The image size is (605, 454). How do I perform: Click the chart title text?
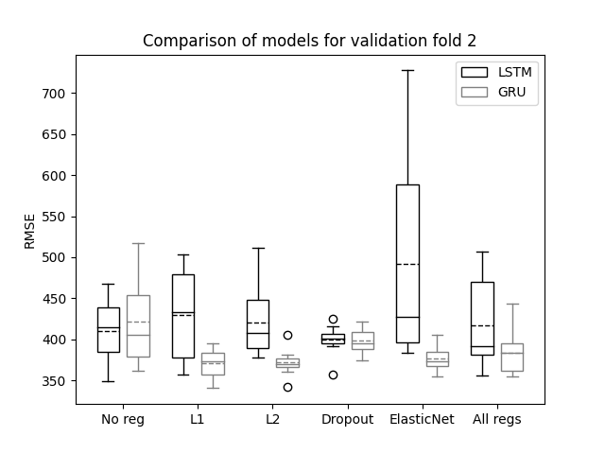point(309,41)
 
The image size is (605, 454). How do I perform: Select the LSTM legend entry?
point(496,72)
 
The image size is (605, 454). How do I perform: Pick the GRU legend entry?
point(493,92)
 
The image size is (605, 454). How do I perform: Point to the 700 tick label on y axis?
point(54,94)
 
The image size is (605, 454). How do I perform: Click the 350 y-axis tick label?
point(54,381)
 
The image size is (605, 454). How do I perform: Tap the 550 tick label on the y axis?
point(54,217)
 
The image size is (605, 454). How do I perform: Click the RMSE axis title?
point(29,232)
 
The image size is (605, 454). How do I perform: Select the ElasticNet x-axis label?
point(422,419)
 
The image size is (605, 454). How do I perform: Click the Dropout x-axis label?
point(347,420)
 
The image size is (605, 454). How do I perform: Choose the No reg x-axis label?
point(123,420)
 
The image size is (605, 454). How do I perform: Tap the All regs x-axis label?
point(497,420)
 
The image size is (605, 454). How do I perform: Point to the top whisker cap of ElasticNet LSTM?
point(407,71)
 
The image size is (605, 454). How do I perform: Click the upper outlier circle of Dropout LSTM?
point(334,320)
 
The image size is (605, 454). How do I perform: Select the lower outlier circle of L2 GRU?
point(287,387)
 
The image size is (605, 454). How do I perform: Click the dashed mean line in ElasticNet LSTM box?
point(407,265)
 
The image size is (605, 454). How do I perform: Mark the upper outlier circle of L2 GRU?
point(287,335)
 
